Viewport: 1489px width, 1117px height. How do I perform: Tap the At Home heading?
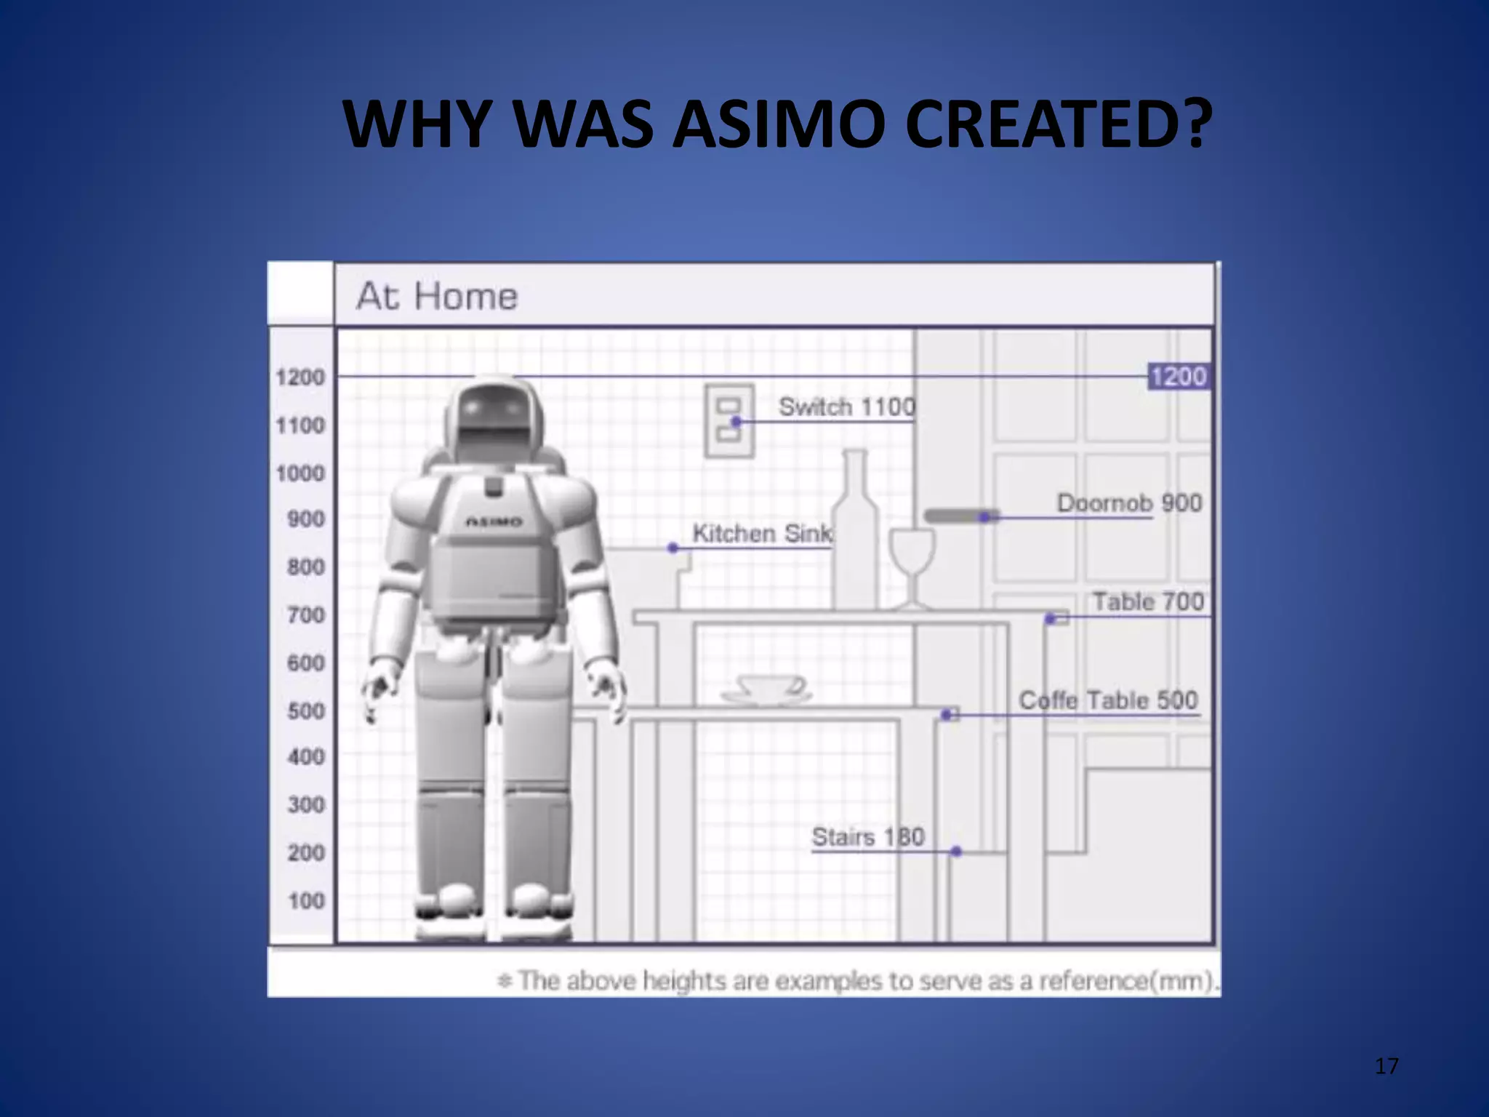pos(437,297)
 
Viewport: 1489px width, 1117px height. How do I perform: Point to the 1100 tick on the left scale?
pos(300,425)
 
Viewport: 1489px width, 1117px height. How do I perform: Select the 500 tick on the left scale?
pos(306,710)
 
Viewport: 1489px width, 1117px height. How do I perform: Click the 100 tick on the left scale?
pos(306,901)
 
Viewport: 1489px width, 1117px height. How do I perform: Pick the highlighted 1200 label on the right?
pos(1179,377)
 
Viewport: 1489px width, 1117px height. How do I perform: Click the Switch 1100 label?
pos(846,407)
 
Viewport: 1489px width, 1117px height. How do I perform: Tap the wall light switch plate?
pos(729,422)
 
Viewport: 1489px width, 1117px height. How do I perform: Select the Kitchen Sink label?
pos(762,534)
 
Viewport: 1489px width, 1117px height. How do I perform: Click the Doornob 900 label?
pos(1128,503)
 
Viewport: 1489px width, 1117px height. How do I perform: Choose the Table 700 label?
pos(1148,602)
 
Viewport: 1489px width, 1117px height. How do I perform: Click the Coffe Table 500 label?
pos(1107,700)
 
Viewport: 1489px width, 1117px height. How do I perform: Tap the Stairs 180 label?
pos(867,837)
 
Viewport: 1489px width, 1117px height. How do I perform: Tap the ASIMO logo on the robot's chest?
pos(494,521)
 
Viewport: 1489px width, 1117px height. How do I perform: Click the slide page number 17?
pos(1386,1067)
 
